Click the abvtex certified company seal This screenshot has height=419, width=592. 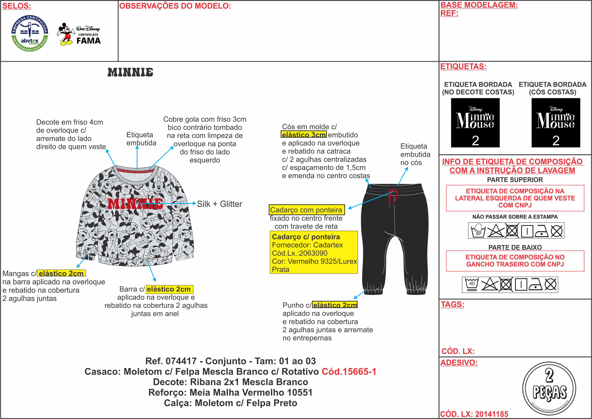(30, 33)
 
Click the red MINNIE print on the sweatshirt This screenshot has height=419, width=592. (135, 204)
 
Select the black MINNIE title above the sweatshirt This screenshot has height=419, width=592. (130, 73)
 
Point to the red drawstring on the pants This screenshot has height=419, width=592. (392, 199)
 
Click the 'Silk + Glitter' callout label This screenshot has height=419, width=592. (219, 204)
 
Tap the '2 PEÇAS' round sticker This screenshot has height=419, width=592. (549, 388)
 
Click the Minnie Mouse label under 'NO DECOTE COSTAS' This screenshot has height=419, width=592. (475, 123)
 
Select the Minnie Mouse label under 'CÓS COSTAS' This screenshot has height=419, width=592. (556, 123)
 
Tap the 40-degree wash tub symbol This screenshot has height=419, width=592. (472, 285)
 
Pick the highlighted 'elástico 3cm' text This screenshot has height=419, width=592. (304, 135)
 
